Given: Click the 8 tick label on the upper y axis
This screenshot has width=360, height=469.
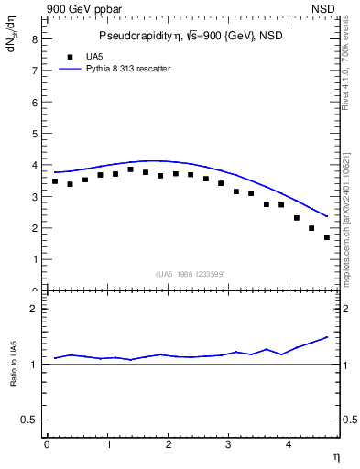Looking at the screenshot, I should coord(33,40).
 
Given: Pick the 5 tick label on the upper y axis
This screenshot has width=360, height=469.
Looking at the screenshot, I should coord(33,134).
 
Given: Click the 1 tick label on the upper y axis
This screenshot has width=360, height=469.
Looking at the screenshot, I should coord(33,259).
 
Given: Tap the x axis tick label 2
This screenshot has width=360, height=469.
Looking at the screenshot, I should coord(169,445).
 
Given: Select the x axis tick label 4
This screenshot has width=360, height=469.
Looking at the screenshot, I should coord(290,445).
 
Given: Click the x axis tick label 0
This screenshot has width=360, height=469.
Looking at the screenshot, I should coord(47,445).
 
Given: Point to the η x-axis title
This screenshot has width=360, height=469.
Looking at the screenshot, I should coord(336,455).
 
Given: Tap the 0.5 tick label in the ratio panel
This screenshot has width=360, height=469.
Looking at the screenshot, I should coord(28,420).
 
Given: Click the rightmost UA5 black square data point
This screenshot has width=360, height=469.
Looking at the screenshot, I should coord(327,237).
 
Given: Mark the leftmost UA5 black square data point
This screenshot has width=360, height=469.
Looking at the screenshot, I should coord(55,181).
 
